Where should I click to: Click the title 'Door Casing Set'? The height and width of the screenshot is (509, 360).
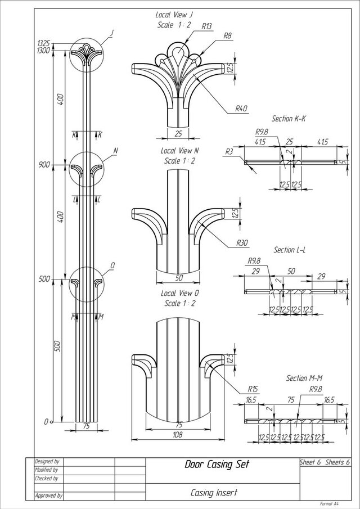pyautogui.click(x=217, y=465)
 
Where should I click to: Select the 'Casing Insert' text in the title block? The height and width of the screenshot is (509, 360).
pyautogui.click(x=214, y=493)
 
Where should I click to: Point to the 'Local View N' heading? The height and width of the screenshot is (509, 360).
pyautogui.click(x=180, y=151)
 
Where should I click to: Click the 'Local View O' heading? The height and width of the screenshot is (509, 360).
pyautogui.click(x=180, y=294)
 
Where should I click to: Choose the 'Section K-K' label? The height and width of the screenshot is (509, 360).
pyautogui.click(x=289, y=119)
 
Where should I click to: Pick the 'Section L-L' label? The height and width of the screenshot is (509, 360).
pyautogui.click(x=289, y=249)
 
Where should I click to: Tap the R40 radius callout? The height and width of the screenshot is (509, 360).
pyautogui.click(x=242, y=109)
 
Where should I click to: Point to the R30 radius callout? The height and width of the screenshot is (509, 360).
pyautogui.click(x=242, y=243)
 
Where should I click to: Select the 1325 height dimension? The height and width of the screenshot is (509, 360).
pyautogui.click(x=43, y=43)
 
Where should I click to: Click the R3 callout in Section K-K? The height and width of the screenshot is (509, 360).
pyautogui.click(x=229, y=151)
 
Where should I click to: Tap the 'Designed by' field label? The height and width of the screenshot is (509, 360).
pyautogui.click(x=47, y=461)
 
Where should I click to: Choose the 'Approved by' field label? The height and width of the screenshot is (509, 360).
pyautogui.click(x=48, y=497)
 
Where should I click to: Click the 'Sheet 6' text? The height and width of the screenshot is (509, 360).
pyautogui.click(x=310, y=462)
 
